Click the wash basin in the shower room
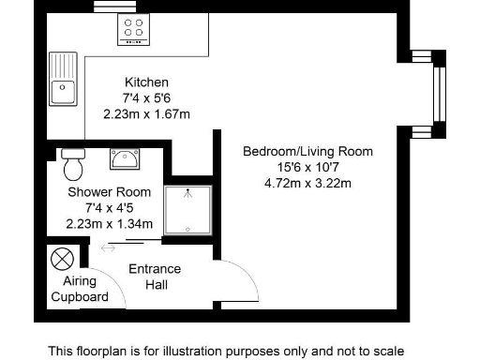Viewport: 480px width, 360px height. pyautogui.click(x=124, y=159)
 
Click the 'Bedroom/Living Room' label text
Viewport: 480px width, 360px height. pyautogui.click(x=307, y=151)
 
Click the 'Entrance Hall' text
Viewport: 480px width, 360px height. pyautogui.click(x=155, y=277)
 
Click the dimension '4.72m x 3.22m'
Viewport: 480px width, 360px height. pyautogui.click(x=307, y=183)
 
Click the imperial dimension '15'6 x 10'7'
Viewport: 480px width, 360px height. pyautogui.click(x=307, y=167)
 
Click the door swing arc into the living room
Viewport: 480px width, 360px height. pyautogui.click(x=239, y=277)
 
